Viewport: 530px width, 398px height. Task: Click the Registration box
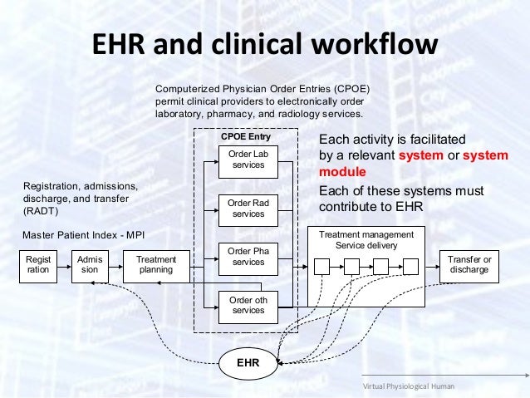click(x=38, y=265)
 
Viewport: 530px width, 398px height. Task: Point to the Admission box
click(x=89, y=265)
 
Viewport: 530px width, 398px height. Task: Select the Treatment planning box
click(x=155, y=265)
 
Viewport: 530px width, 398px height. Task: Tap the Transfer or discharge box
click(x=469, y=265)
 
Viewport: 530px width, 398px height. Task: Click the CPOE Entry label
click(x=245, y=135)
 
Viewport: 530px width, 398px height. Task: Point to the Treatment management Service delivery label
click(x=366, y=241)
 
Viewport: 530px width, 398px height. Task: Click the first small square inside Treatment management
click(x=321, y=267)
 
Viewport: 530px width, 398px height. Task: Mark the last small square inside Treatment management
click(x=410, y=267)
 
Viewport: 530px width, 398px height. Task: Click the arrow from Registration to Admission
click(x=64, y=265)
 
